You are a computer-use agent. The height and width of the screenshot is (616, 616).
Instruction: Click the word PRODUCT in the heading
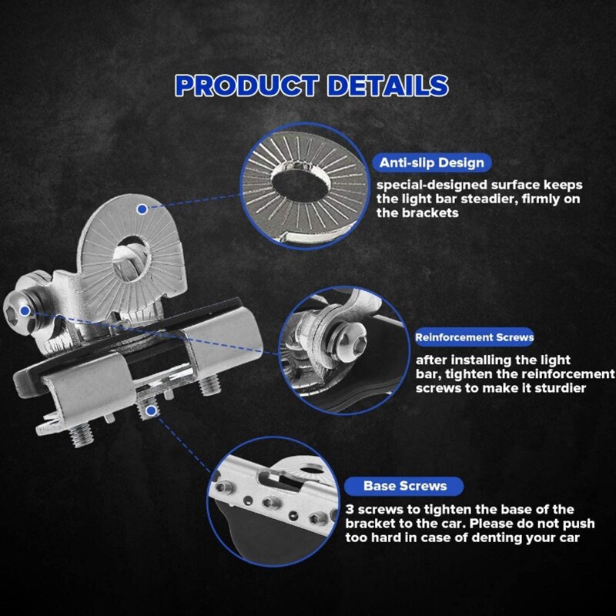(246, 85)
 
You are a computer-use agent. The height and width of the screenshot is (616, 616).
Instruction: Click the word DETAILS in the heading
(388, 85)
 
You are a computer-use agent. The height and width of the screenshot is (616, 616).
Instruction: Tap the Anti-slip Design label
(432, 162)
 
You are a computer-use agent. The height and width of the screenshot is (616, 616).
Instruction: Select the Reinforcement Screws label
(474, 337)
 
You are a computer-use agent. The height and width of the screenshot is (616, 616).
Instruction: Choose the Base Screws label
(405, 486)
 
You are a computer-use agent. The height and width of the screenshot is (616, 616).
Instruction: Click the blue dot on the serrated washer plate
(142, 209)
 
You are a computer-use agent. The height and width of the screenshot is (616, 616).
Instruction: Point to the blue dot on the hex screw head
(25, 311)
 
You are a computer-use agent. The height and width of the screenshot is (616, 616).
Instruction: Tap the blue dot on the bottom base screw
(151, 411)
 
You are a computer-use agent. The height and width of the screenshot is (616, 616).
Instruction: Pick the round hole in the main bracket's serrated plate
(132, 256)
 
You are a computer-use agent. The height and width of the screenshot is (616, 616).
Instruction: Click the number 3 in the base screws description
(350, 510)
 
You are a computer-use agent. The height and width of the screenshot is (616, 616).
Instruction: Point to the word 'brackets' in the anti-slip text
(430, 213)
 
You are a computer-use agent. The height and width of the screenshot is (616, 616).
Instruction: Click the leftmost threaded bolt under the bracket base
(82, 434)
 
